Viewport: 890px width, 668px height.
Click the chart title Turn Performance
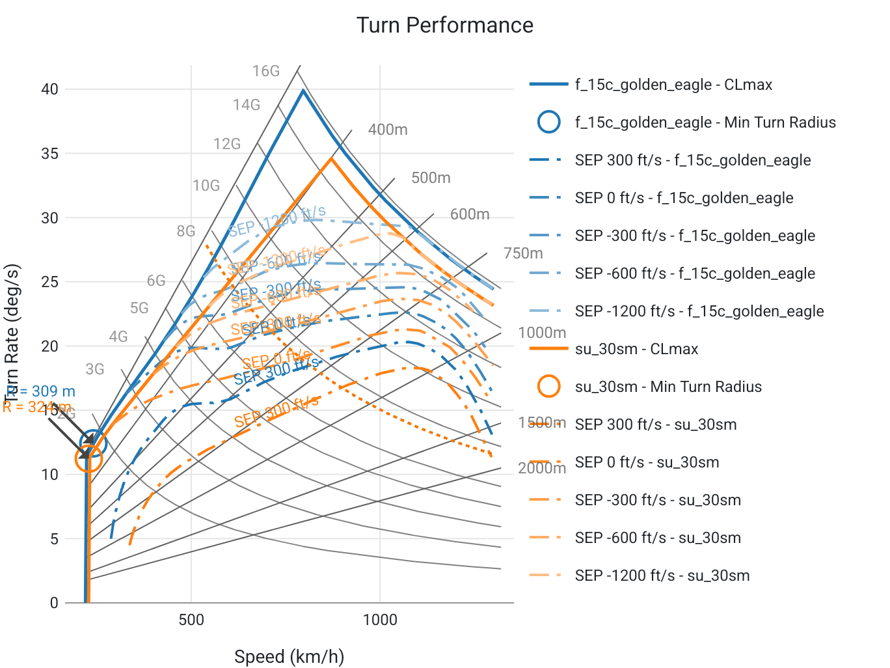(x=445, y=25)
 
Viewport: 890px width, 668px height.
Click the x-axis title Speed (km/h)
(x=289, y=656)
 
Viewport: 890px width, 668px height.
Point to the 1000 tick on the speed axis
(x=380, y=619)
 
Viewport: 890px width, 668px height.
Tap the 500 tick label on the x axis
(x=191, y=619)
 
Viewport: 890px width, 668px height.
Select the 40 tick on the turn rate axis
(x=49, y=89)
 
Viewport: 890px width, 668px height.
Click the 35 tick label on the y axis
(x=49, y=154)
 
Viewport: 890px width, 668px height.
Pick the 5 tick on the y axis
(x=54, y=539)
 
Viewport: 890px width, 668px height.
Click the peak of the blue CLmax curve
(x=303, y=90)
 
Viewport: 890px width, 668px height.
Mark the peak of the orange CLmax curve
(x=331, y=158)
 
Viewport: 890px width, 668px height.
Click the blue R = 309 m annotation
(x=40, y=391)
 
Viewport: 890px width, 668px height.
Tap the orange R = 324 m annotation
(x=36, y=408)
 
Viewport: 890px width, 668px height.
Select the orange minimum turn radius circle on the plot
(x=89, y=459)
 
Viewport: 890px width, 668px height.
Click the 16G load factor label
(x=265, y=71)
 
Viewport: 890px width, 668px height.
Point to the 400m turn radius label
(x=388, y=130)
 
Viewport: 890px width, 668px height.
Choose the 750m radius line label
(x=523, y=253)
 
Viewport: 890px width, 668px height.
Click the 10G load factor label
(x=206, y=186)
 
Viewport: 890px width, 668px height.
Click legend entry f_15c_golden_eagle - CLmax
(x=673, y=85)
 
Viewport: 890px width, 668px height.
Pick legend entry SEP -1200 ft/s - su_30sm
(x=662, y=576)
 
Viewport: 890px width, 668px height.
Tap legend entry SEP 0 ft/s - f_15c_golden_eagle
(x=684, y=198)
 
